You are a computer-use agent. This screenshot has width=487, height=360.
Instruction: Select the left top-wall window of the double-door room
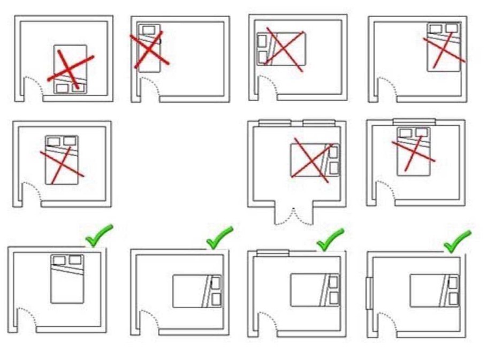[275, 122]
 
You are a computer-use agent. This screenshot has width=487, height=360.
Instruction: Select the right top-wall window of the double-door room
[319, 122]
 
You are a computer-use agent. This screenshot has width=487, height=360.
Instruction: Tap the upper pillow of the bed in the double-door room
[334, 152]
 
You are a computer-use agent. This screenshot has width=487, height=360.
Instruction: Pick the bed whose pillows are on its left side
[281, 49]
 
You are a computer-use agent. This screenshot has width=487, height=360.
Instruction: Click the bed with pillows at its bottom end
[70, 70]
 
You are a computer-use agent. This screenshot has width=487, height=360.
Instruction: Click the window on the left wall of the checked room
[369, 293]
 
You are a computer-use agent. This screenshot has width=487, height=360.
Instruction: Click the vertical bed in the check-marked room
[67, 279]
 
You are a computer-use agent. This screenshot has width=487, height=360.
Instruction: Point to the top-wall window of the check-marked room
[273, 251]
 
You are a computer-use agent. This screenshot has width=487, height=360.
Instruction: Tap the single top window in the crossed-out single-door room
[414, 122]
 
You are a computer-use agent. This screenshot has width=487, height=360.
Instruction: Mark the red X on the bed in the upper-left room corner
[148, 49]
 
